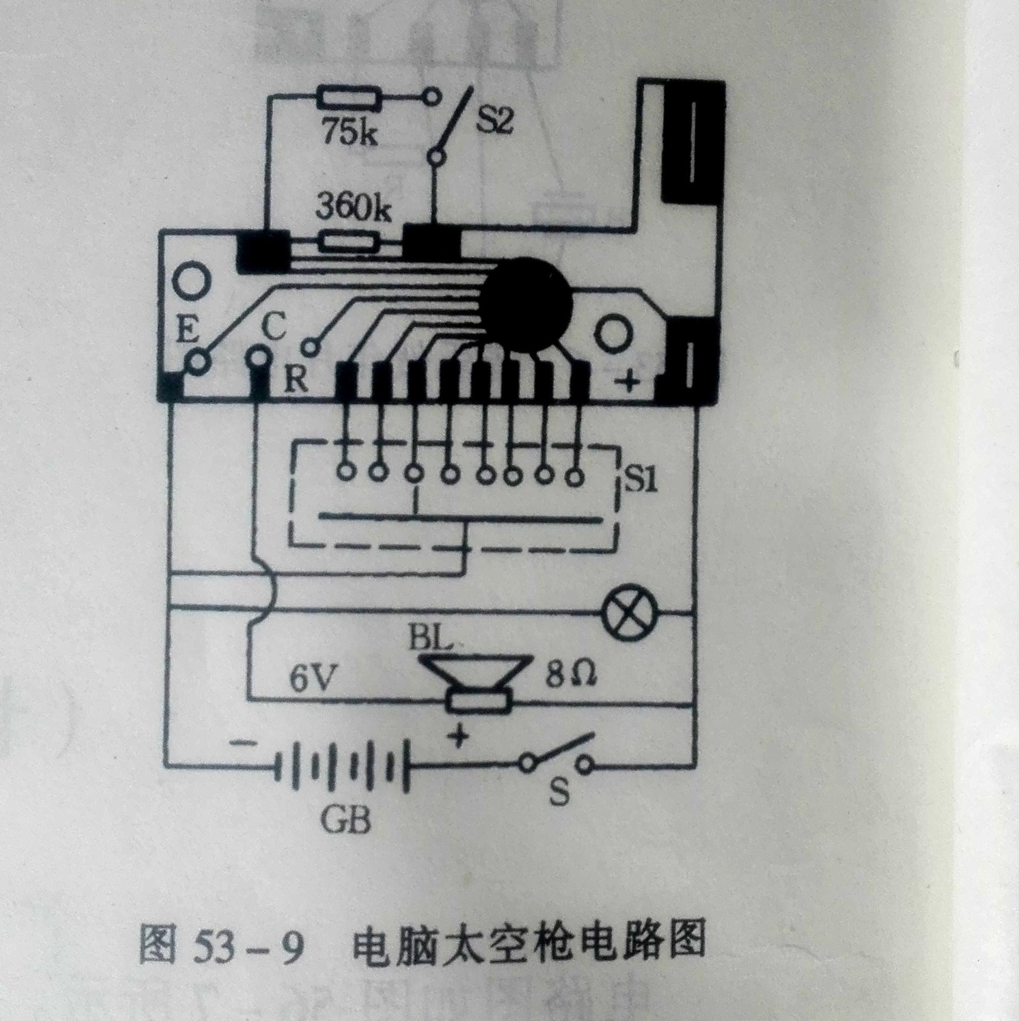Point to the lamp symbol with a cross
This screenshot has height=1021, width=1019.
click(x=627, y=611)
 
